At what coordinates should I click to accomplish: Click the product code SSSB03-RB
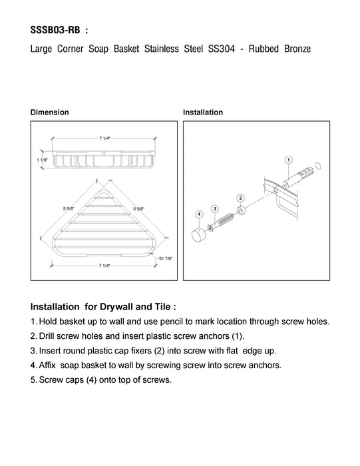55,30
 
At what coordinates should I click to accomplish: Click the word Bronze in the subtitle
297,49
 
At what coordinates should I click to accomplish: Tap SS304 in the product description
222,49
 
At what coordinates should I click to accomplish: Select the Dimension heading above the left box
50,113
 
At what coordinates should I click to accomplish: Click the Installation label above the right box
203,113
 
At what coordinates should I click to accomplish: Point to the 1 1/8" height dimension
42,160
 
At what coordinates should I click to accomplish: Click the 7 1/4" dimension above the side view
104,138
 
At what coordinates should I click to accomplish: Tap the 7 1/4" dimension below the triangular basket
104,266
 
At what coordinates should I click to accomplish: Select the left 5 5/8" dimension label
69,208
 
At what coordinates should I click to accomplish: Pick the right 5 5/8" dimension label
138,208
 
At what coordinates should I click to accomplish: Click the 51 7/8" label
166,258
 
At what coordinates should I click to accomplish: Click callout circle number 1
289,160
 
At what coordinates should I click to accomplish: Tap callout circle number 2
241,198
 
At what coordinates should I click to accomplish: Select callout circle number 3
215,209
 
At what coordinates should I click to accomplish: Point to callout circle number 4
199,214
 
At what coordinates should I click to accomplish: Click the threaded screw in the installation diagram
222,222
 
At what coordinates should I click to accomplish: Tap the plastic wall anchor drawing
297,177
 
